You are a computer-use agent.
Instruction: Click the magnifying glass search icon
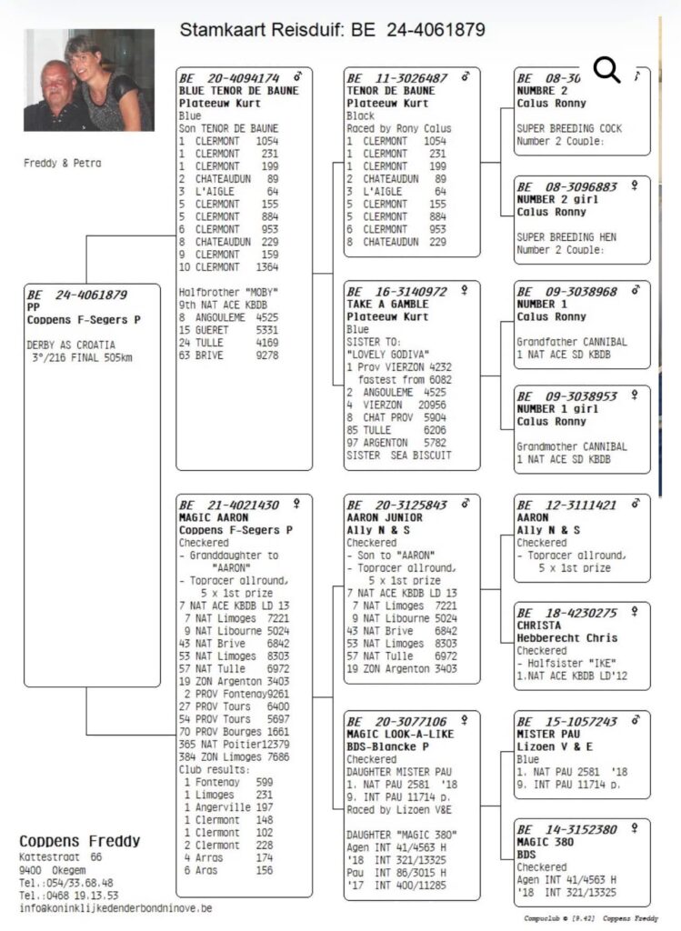click(x=606, y=69)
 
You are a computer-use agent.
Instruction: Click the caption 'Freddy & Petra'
click(x=63, y=164)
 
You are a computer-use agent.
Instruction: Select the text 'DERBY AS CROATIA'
click(x=72, y=345)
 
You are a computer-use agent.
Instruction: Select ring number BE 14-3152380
click(x=566, y=829)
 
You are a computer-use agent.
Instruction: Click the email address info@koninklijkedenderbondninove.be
click(x=116, y=907)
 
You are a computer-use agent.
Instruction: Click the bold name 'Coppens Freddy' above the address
click(x=80, y=840)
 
